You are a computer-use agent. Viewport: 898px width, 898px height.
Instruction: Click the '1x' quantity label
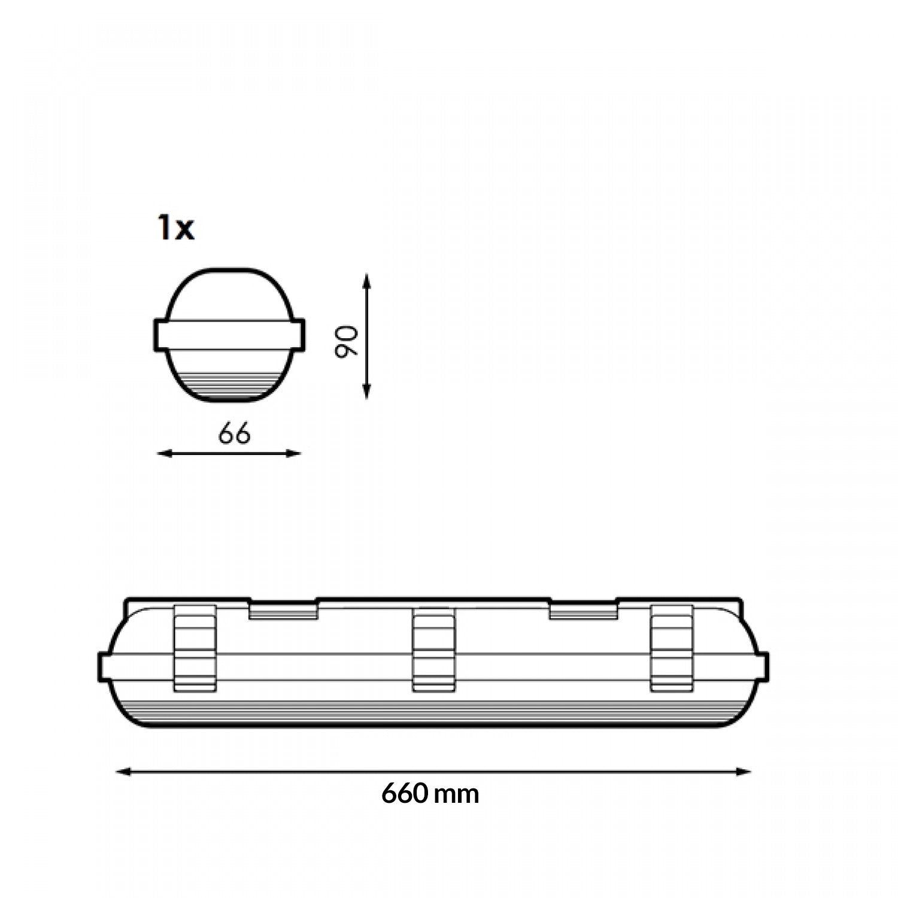click(x=175, y=229)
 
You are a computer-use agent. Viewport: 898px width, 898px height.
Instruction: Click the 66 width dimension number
click(x=234, y=434)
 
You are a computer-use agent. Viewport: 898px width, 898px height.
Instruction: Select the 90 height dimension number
click(x=347, y=342)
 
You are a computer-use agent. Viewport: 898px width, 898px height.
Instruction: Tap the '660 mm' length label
click(x=430, y=794)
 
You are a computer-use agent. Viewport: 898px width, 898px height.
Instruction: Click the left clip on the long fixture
click(x=195, y=648)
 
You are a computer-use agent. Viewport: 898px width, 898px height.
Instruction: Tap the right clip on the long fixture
click(x=671, y=648)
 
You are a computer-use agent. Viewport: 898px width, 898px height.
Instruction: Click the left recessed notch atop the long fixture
click(x=283, y=611)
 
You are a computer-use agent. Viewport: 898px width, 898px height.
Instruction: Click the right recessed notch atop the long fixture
click(x=583, y=611)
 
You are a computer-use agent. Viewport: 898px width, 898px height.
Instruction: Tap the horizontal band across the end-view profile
click(x=230, y=335)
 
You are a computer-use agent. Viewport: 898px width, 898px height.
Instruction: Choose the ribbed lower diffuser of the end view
click(x=230, y=383)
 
